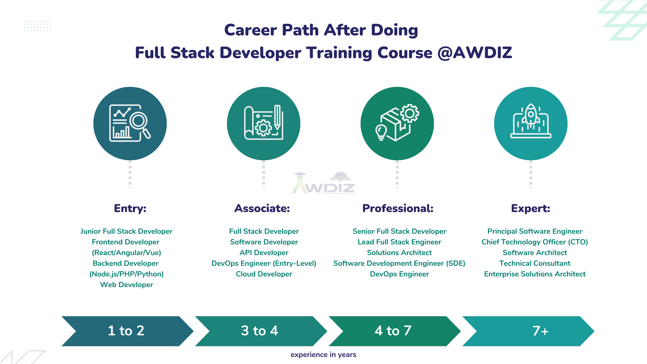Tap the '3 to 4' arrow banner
click(260, 331)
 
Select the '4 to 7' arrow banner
click(394, 331)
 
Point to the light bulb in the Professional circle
click(381, 132)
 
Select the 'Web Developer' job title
click(127, 285)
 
